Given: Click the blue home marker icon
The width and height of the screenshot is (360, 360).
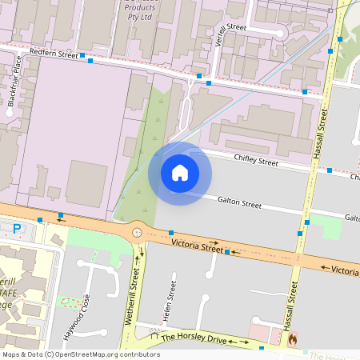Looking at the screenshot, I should click(x=179, y=173).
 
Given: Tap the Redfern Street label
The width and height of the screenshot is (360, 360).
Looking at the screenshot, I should click(x=53, y=54).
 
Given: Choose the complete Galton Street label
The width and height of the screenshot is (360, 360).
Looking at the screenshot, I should click(x=239, y=204).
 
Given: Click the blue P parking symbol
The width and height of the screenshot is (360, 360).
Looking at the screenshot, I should click(x=17, y=230).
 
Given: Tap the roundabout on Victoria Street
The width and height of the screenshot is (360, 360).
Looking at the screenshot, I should click(x=138, y=232).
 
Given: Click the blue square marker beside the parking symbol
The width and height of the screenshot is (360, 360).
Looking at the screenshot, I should click(x=39, y=220).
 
